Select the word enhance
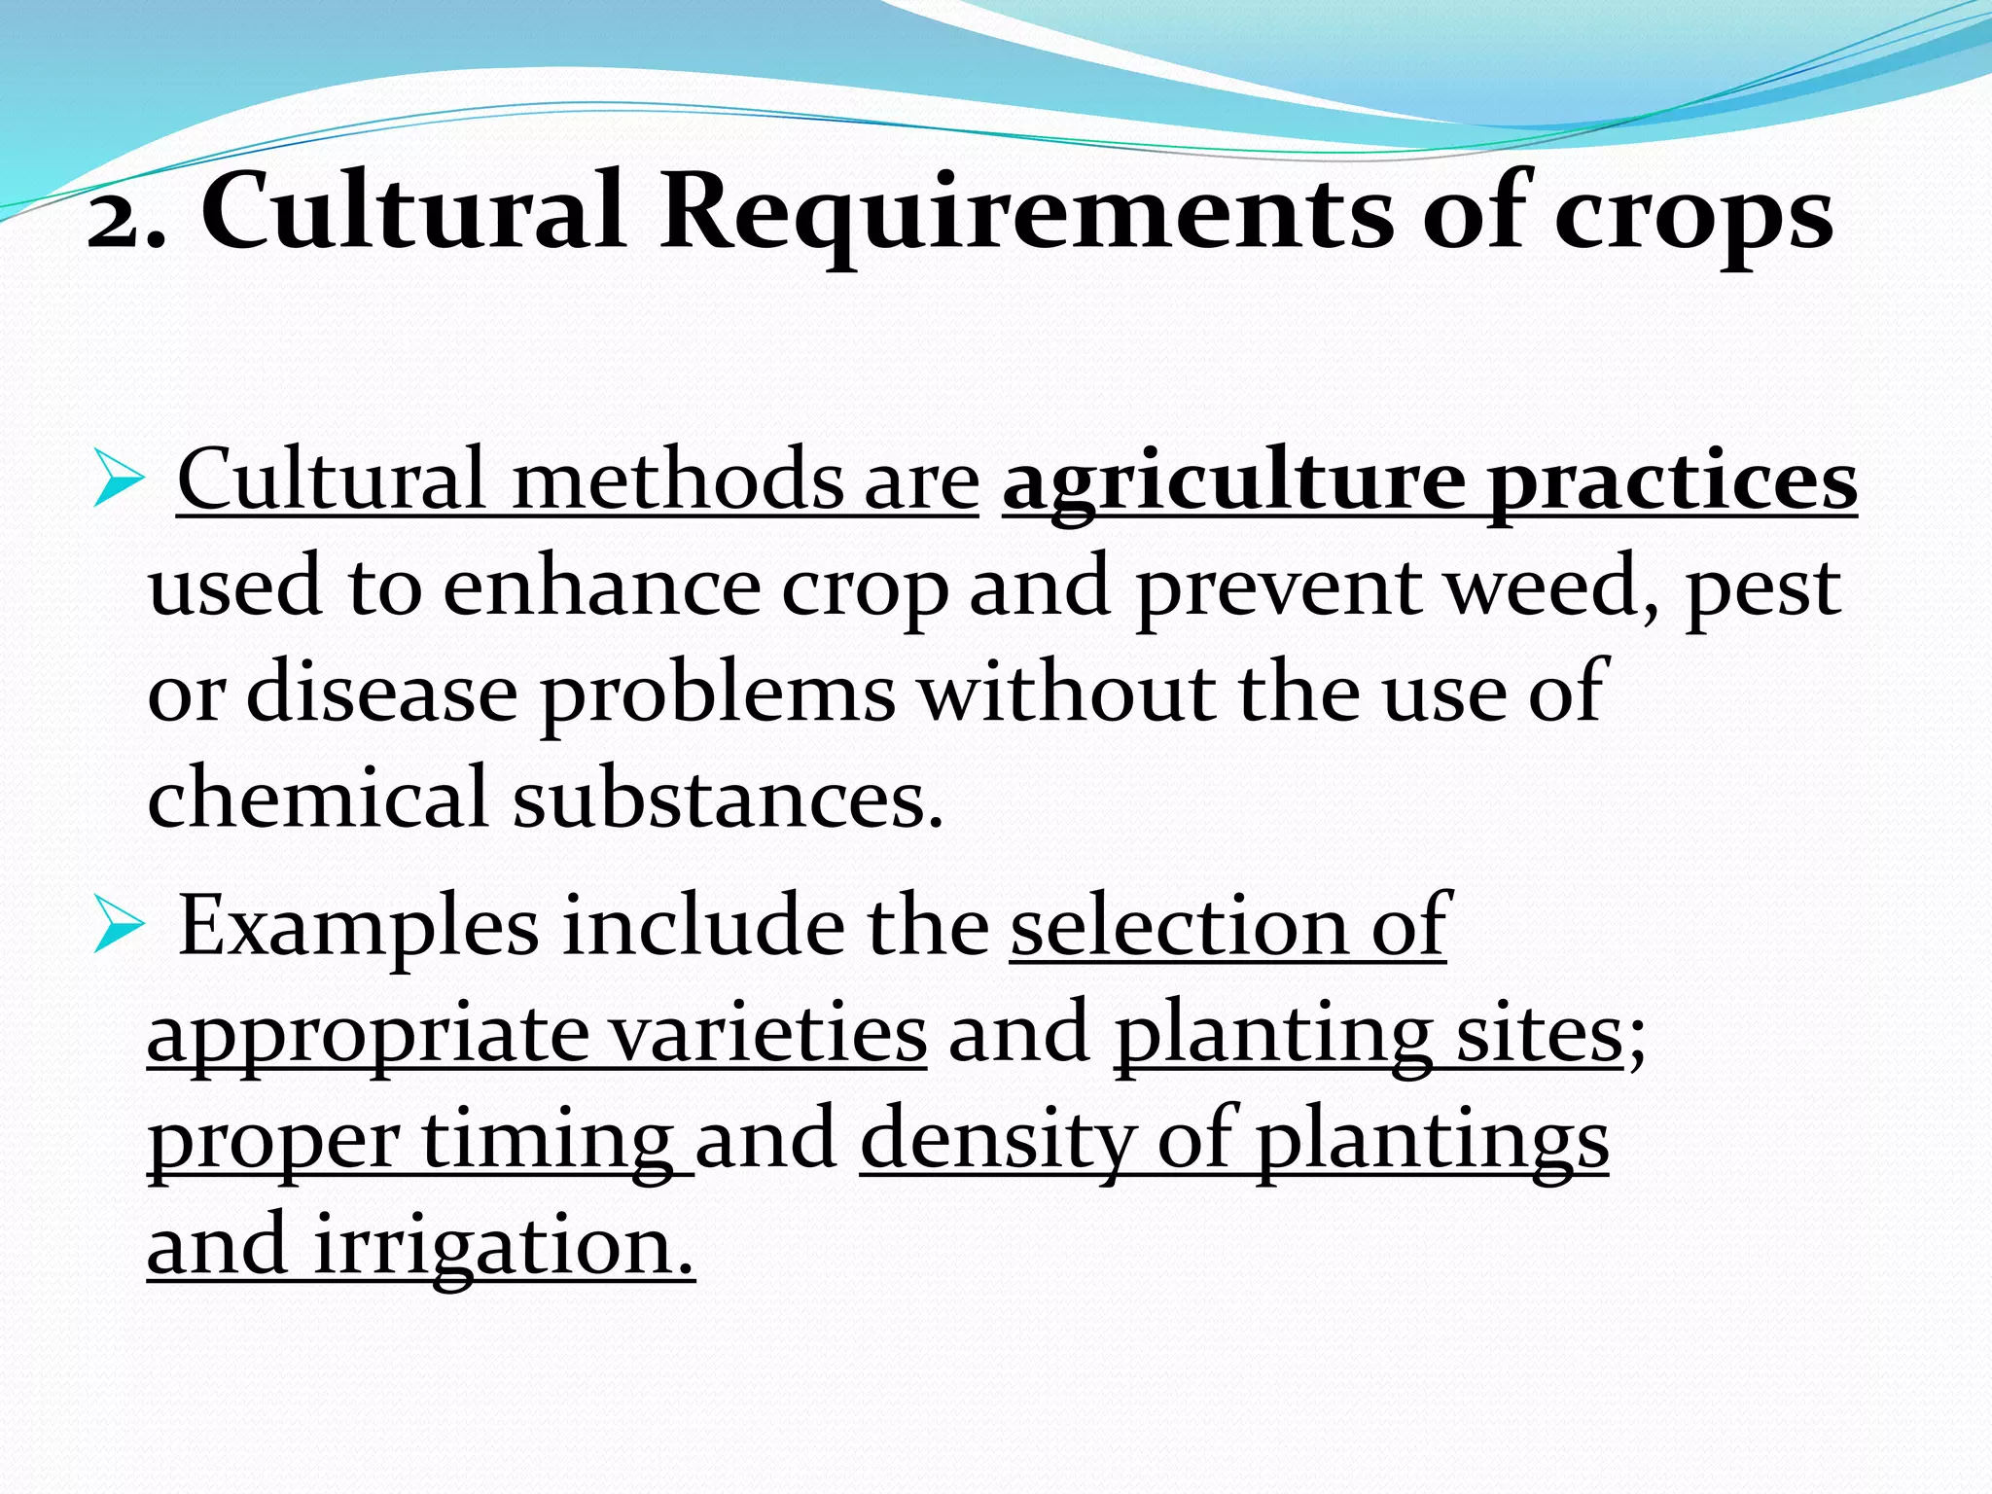601,587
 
